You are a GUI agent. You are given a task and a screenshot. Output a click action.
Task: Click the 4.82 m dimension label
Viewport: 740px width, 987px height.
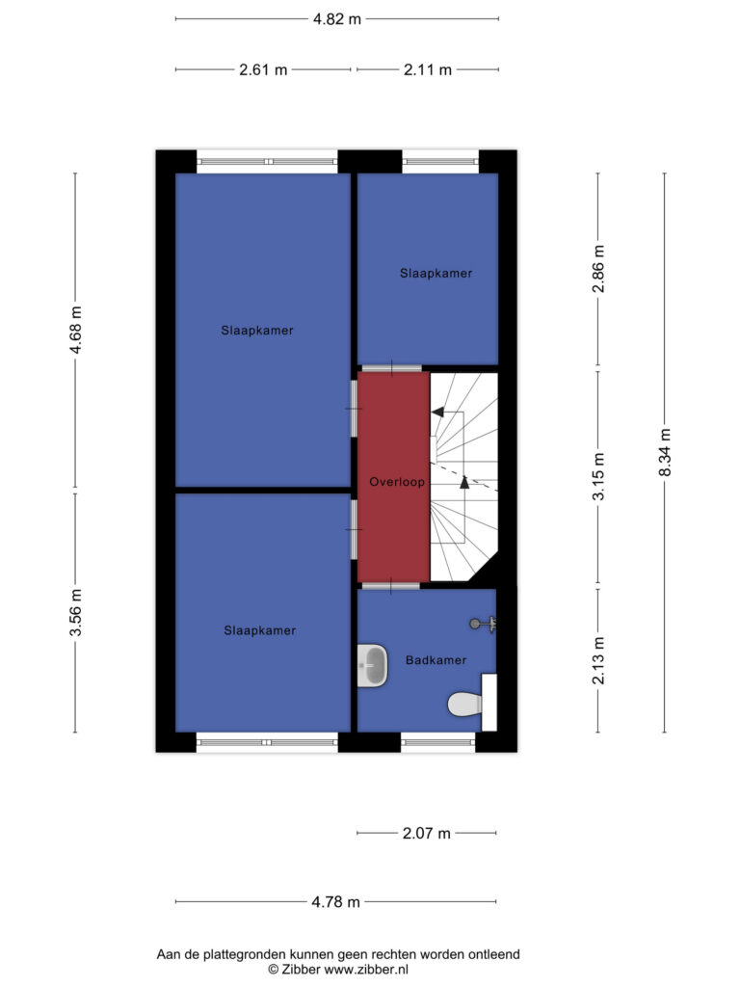(337, 19)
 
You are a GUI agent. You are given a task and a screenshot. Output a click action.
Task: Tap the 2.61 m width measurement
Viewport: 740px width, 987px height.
(263, 69)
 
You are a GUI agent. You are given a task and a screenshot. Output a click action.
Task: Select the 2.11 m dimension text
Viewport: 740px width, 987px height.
(428, 69)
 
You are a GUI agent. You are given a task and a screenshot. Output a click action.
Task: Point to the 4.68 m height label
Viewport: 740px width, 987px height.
(75, 330)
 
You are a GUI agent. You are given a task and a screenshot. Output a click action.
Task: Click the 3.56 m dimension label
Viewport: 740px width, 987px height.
(75, 612)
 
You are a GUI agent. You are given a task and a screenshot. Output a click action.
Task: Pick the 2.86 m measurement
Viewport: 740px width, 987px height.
(598, 269)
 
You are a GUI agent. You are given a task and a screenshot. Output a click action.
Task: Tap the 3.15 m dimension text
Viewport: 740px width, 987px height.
(598, 476)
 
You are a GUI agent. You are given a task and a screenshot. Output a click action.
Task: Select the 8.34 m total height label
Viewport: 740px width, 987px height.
(665, 453)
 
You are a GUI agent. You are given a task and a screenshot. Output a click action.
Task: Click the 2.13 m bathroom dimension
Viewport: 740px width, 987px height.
(598, 660)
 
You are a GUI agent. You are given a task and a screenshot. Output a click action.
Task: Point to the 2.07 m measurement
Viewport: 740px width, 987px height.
(427, 834)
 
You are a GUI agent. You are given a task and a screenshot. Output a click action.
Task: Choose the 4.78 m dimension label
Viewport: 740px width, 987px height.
(336, 902)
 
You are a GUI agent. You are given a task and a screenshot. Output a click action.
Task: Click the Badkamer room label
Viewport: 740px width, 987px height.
(436, 660)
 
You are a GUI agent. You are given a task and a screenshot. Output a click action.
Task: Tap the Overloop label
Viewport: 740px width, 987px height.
(397, 482)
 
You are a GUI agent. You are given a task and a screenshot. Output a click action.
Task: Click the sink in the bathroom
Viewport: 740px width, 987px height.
(372, 665)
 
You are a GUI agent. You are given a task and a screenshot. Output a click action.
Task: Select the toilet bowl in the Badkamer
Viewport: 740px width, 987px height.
(465, 704)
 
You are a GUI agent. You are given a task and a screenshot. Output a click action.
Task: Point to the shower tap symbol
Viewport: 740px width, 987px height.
(484, 624)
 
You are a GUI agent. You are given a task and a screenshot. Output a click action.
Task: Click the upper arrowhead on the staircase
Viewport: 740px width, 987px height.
(437, 412)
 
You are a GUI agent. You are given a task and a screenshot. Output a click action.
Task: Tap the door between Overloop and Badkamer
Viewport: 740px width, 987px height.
(391, 586)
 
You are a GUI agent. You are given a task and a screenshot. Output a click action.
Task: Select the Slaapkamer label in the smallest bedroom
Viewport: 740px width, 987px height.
(436, 273)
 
